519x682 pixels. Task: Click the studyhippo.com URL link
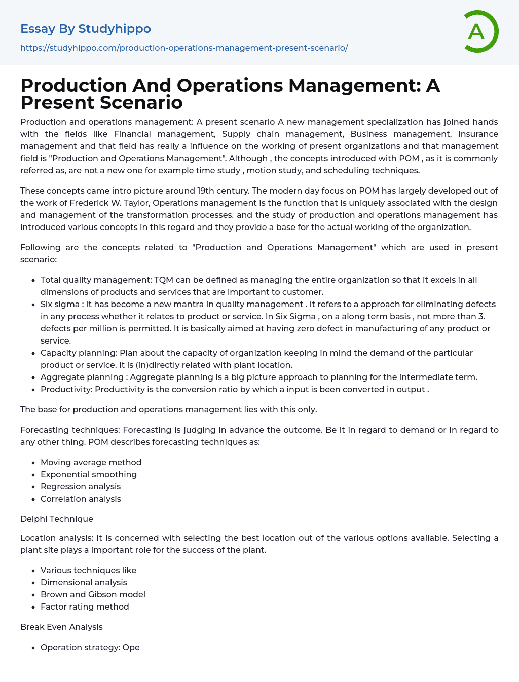click(184, 48)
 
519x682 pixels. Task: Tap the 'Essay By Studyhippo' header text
click(86, 29)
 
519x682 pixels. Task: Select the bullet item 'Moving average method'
click(91, 462)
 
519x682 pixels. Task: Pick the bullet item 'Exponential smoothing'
click(89, 474)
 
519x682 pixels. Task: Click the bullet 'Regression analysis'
click(81, 486)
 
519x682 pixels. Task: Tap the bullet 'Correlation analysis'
click(81, 499)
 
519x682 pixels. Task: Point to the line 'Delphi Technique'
click(57, 519)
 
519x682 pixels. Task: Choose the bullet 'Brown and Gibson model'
click(93, 594)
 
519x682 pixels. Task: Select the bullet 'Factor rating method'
click(85, 607)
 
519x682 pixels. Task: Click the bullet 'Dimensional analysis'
click(84, 582)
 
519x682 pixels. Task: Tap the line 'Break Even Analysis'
click(61, 627)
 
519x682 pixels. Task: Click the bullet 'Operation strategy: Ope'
click(90, 647)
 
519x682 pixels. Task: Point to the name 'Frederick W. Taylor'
click(110, 203)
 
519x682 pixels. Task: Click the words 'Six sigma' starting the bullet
click(60, 304)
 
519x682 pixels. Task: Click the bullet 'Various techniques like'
click(88, 570)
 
